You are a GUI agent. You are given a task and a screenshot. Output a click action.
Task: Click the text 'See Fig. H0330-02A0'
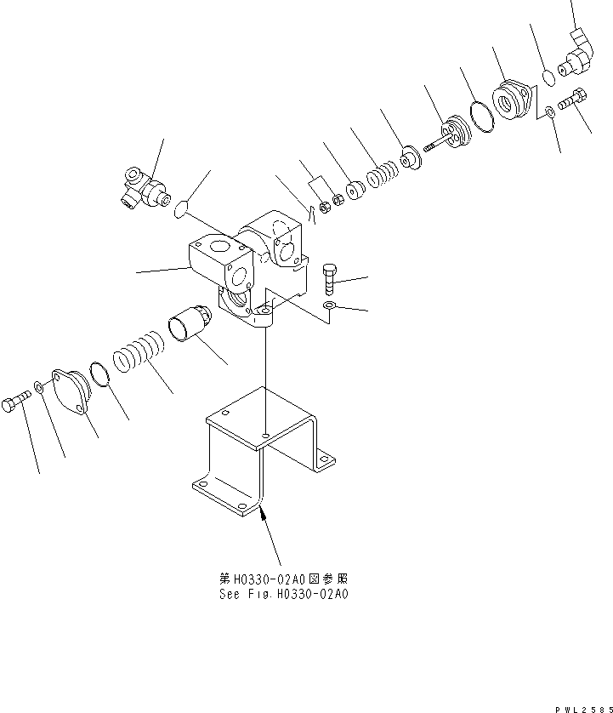click(283, 594)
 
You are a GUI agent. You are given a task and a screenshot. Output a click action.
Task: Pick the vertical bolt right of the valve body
click(332, 278)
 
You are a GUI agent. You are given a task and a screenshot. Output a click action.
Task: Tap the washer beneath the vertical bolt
click(331, 305)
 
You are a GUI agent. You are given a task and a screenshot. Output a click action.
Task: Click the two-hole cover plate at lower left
click(71, 393)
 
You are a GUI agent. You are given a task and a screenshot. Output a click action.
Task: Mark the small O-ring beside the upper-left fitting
click(178, 208)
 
